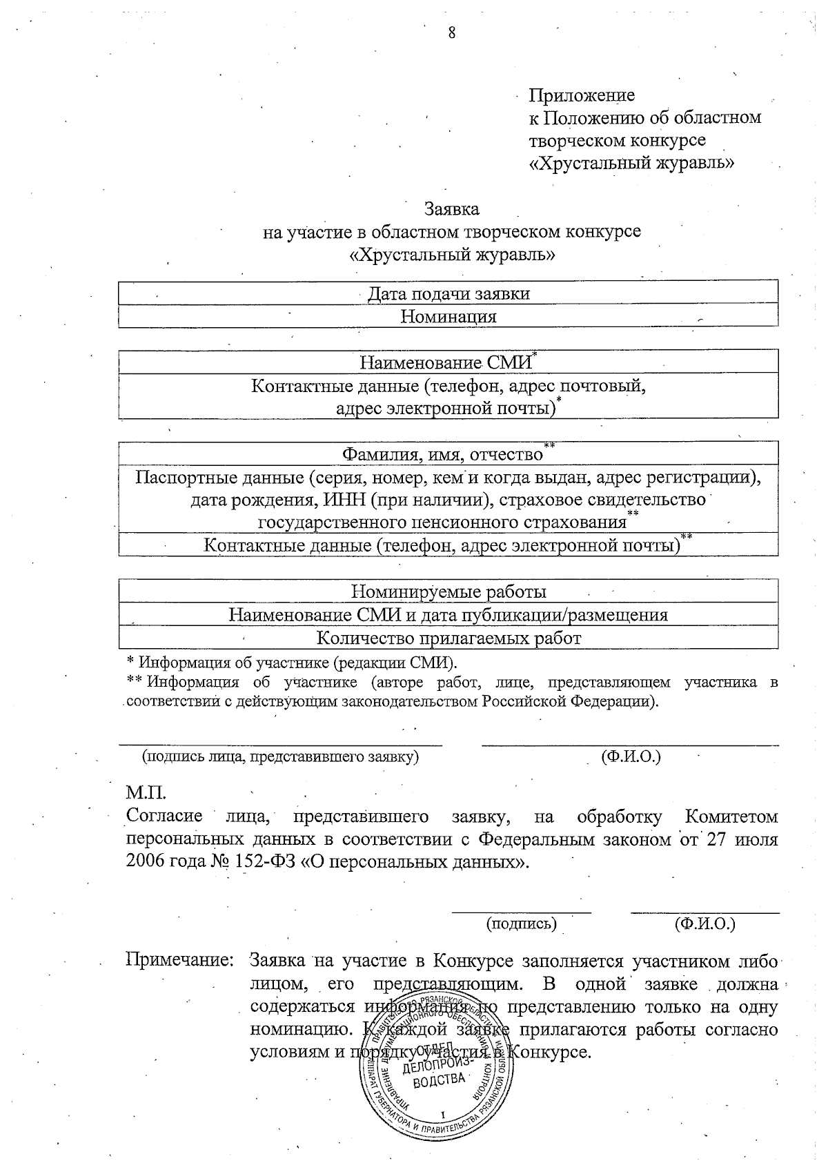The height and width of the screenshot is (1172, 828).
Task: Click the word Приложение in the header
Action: [582, 95]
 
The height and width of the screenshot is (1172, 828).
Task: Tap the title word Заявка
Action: [451, 208]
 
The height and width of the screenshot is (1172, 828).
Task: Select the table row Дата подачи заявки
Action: [448, 294]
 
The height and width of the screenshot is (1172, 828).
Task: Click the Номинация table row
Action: [448, 317]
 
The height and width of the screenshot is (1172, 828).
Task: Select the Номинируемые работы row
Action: [448, 592]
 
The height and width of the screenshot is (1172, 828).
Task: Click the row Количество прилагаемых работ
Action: [448, 638]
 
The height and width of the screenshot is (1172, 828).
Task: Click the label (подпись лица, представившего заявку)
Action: [280, 756]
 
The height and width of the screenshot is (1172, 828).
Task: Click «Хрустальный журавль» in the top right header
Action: [631, 164]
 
